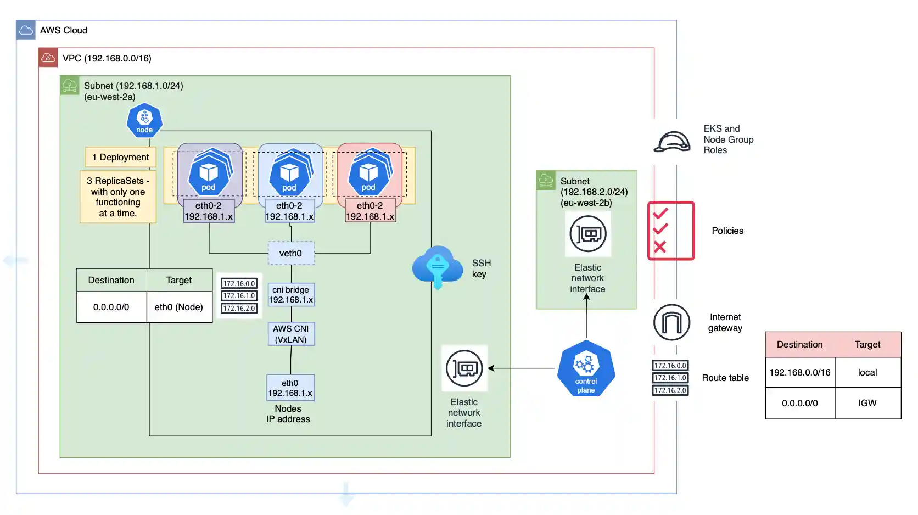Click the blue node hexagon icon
coord(144,120)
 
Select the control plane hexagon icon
coord(586,368)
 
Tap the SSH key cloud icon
coord(438,267)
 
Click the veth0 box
coord(291,253)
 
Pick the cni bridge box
coord(291,295)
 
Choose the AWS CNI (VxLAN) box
coord(291,334)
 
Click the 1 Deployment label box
coord(120,157)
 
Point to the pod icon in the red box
coord(368,172)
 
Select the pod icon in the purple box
coord(209,172)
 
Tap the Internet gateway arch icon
coord(671,322)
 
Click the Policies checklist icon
coord(671,231)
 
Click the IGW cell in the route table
coord(867,403)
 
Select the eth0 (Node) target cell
coord(179,307)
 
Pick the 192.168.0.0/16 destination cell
coord(800,372)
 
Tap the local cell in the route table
coord(867,372)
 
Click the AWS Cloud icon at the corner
coord(26,30)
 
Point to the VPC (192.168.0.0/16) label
coord(107,58)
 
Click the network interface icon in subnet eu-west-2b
coord(587,234)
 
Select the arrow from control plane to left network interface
coord(522,368)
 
